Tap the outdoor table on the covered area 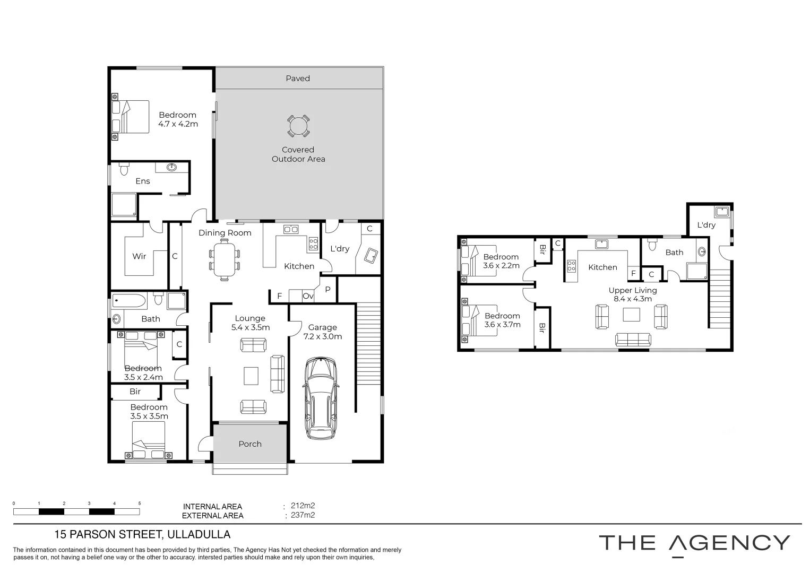pyautogui.click(x=298, y=126)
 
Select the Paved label pyautogui.click(x=298, y=79)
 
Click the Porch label pyautogui.click(x=250, y=444)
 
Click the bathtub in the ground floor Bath pyautogui.click(x=129, y=302)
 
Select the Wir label pyautogui.click(x=139, y=256)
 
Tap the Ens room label pyautogui.click(x=142, y=181)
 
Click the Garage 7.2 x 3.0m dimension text pyautogui.click(x=322, y=336)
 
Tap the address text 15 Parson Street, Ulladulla pyautogui.click(x=142, y=535)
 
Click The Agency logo pyautogui.click(x=694, y=544)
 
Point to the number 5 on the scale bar pyautogui.click(x=140, y=503)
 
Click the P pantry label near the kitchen pyautogui.click(x=328, y=290)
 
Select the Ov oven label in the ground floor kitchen pyautogui.click(x=308, y=296)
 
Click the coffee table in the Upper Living pyautogui.click(x=632, y=315)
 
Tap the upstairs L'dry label pyautogui.click(x=706, y=225)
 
